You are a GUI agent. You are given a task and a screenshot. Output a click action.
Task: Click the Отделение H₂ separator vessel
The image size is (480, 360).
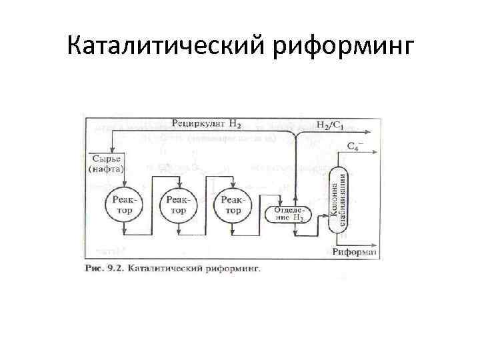coord(287,215)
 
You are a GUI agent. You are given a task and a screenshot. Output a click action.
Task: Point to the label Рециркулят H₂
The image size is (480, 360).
coord(206,123)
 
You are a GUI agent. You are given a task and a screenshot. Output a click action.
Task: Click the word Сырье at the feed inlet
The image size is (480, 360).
coord(105,158)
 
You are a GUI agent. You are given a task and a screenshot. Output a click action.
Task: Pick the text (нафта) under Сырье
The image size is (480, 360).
coord(106,168)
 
